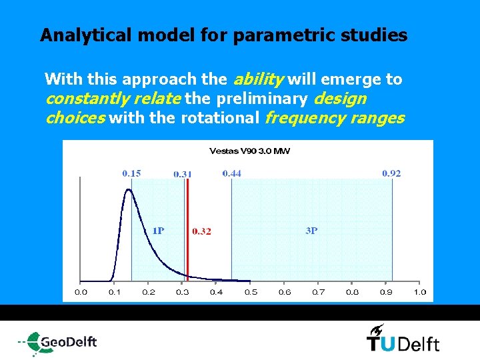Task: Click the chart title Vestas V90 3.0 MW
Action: (249, 151)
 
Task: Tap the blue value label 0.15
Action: (131, 173)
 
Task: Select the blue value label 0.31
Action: (183, 174)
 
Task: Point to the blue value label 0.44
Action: (232, 173)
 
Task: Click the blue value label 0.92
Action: (391, 173)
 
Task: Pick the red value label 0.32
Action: (201, 231)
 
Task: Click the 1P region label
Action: (158, 231)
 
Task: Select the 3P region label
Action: (311, 231)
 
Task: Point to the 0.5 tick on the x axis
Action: (251, 292)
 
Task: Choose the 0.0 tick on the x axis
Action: (81, 292)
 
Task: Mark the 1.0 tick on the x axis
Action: (420, 292)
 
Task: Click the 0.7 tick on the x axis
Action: (319, 292)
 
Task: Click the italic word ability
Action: (258, 79)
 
